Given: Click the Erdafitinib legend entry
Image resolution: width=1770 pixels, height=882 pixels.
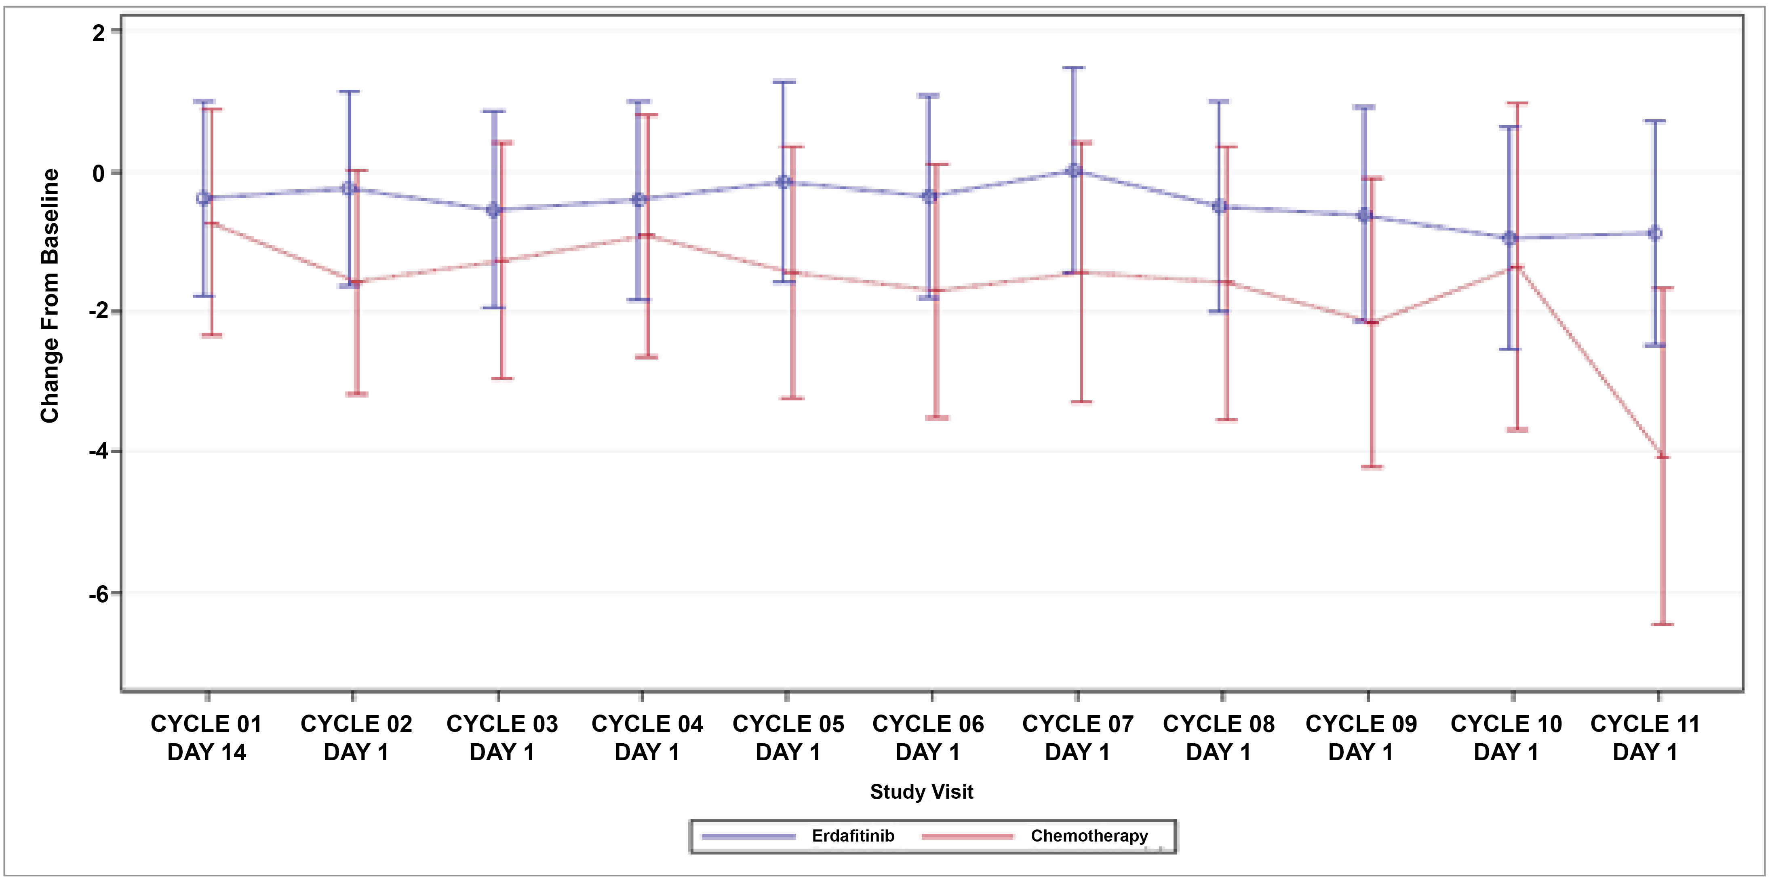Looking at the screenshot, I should point(852,836).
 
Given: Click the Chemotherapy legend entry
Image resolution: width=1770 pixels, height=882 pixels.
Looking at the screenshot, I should point(1088,836).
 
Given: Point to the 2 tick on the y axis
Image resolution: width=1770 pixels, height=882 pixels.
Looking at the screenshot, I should point(100,32).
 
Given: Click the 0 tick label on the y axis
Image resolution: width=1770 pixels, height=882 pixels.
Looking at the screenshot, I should point(100,173).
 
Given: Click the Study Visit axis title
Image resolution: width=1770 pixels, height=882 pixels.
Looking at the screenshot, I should point(921,792).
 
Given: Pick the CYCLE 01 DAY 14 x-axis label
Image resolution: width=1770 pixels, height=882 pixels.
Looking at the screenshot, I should point(206,738).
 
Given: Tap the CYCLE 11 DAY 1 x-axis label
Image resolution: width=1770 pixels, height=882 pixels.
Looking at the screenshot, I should point(1645,738).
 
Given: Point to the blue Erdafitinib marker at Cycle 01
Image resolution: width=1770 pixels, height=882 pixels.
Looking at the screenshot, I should point(203,199).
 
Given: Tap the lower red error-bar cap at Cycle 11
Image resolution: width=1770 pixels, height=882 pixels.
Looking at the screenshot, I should point(1663,624).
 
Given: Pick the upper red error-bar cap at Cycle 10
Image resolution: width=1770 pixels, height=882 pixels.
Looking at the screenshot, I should point(1517,103).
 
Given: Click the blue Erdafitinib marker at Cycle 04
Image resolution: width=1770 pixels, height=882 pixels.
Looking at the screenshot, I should point(639,200).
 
